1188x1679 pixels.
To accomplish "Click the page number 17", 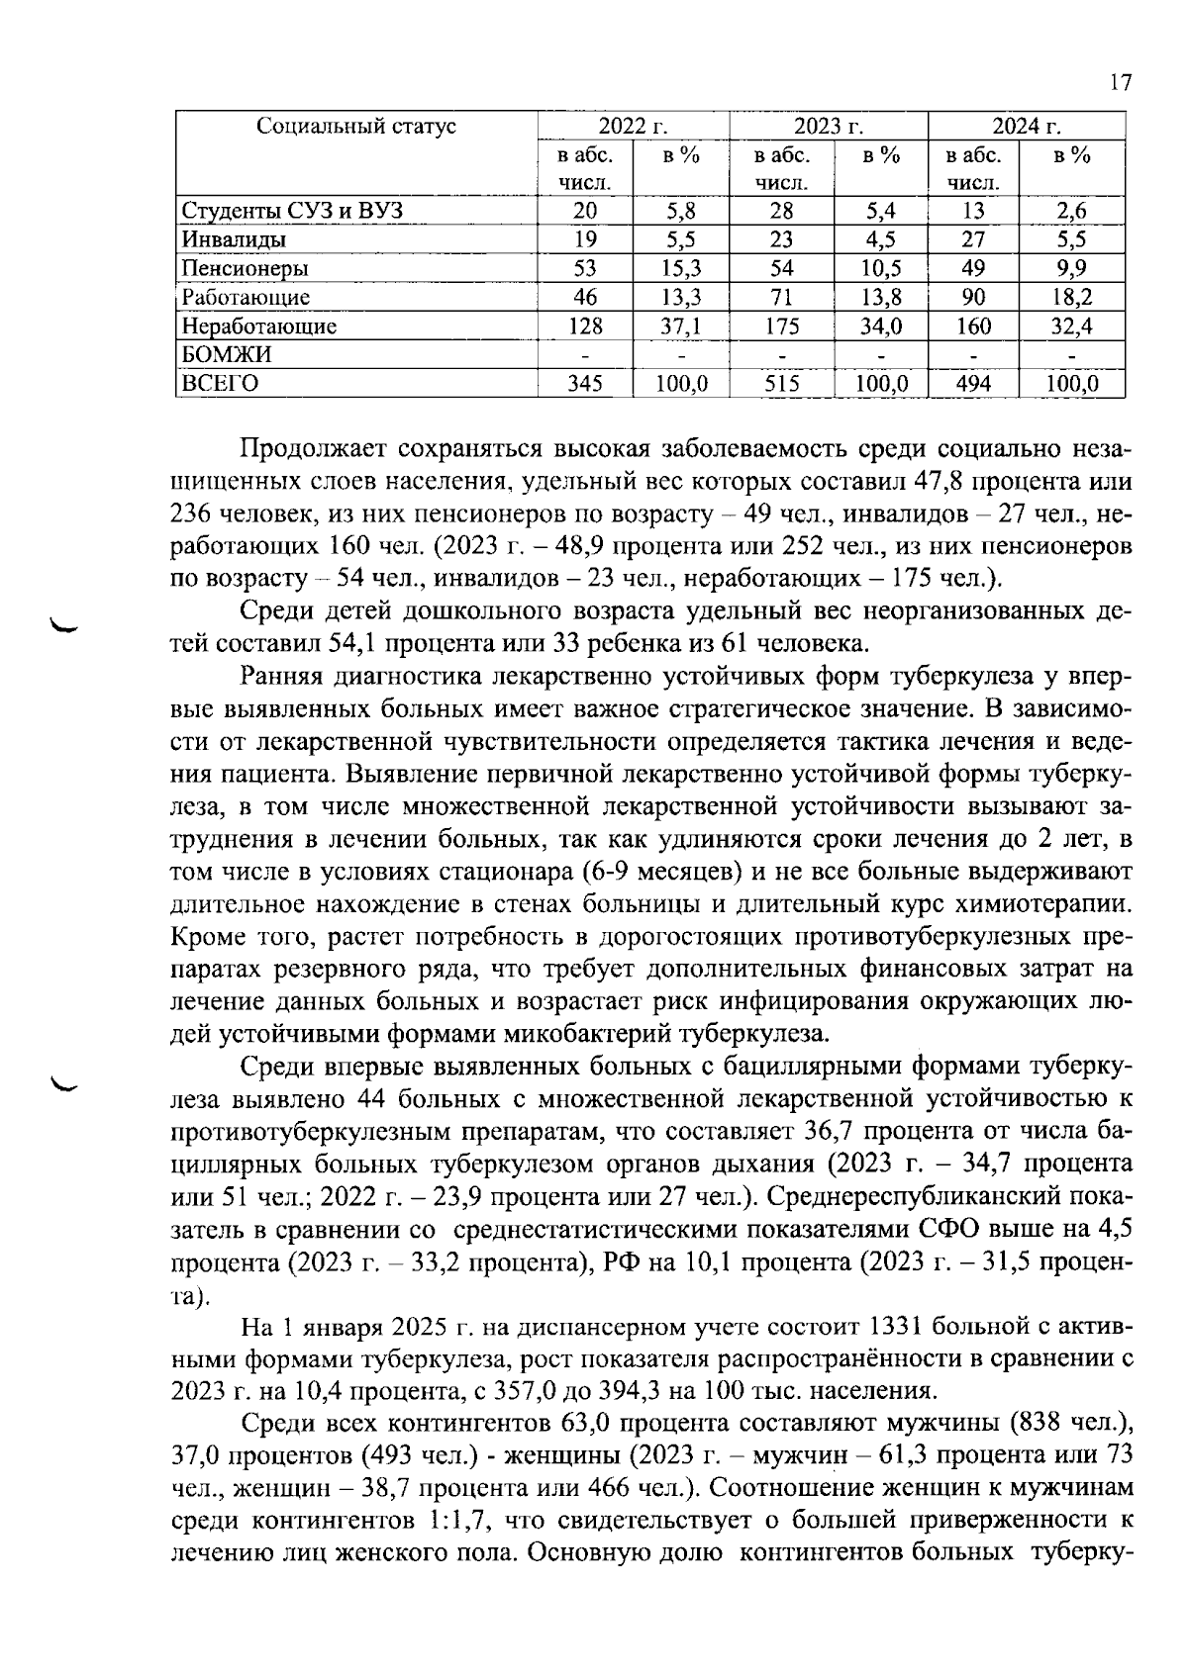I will (1120, 83).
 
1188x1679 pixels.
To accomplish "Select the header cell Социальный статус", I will (356, 127).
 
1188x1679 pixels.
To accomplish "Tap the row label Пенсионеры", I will (245, 269).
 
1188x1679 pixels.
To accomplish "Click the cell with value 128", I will (584, 326).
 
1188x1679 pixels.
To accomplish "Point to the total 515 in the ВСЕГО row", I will (781, 384).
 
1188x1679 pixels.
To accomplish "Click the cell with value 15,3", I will (681, 269).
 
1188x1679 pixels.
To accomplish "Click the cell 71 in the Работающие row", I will (781, 298).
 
